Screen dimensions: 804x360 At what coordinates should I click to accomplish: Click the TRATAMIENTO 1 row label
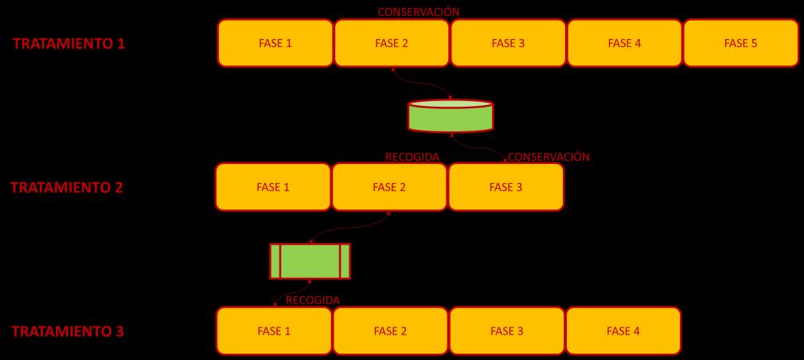click(x=68, y=43)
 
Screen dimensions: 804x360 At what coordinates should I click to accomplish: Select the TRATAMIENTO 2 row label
click(x=67, y=187)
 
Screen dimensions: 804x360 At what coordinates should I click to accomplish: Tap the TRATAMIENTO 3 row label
click(x=68, y=331)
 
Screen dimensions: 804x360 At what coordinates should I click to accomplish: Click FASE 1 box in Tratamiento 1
click(x=275, y=43)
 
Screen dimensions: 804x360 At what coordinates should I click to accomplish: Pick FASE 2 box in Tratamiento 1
click(x=392, y=43)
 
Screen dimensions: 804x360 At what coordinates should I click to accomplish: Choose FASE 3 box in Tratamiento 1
click(x=508, y=43)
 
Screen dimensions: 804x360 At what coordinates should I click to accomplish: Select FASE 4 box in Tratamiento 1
click(x=624, y=43)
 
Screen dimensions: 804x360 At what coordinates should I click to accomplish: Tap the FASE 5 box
click(x=740, y=43)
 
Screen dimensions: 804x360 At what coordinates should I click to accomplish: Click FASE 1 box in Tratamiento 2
click(x=273, y=187)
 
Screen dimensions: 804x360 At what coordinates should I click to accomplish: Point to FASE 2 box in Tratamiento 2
click(x=389, y=187)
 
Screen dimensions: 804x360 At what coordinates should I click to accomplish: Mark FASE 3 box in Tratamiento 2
click(x=505, y=187)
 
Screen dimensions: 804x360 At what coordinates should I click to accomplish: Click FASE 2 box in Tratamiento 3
click(x=391, y=331)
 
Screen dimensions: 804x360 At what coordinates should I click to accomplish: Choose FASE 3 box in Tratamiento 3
click(x=507, y=331)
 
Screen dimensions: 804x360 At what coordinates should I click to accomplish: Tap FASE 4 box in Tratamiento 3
click(x=623, y=331)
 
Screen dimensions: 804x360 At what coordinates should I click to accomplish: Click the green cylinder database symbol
click(x=451, y=116)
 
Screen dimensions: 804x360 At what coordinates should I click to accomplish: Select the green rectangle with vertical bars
click(x=310, y=261)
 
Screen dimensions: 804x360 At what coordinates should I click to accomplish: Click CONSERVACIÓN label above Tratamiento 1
click(x=418, y=12)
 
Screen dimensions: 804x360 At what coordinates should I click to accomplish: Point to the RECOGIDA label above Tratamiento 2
click(x=412, y=157)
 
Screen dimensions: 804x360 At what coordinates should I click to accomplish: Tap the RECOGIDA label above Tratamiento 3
click(x=312, y=300)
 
